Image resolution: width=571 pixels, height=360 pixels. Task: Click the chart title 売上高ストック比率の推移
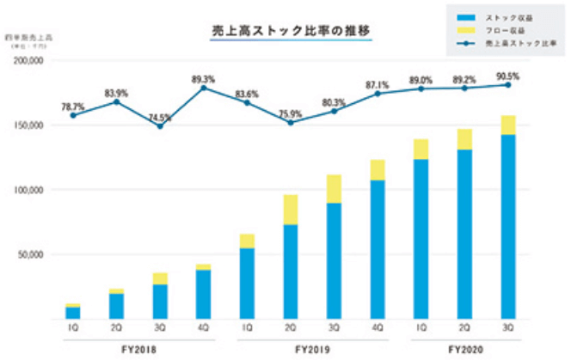292,31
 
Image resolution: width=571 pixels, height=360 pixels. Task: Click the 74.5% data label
160,117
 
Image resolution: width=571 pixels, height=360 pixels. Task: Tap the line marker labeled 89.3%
204,88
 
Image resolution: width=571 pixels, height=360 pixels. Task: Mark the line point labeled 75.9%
292,123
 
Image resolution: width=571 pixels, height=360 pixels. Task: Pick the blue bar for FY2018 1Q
73,313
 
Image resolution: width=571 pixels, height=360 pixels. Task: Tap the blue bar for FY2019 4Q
378,249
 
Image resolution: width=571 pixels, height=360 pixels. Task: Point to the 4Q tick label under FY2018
204,330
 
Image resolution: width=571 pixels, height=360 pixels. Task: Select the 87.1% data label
378,83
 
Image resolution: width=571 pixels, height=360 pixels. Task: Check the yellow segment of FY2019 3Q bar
335,189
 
